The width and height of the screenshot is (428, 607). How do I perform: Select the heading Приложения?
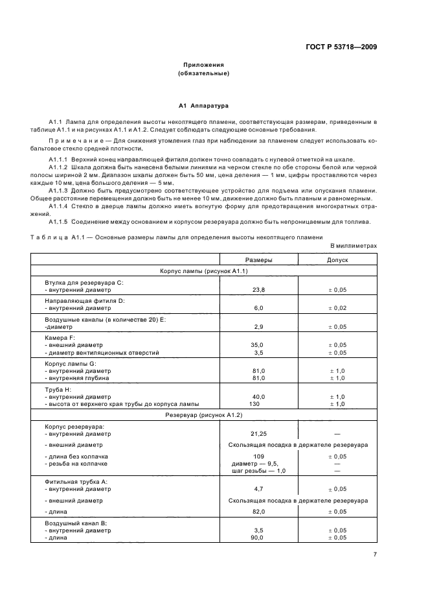click(203, 65)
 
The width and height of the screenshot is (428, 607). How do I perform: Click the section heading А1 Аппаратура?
click(203, 105)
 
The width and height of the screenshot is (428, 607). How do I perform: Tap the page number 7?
click(375, 554)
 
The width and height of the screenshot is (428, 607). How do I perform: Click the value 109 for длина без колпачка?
click(258, 457)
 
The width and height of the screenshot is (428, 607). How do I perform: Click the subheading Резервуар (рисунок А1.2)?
click(203, 414)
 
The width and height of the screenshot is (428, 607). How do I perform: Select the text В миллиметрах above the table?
click(353, 246)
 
